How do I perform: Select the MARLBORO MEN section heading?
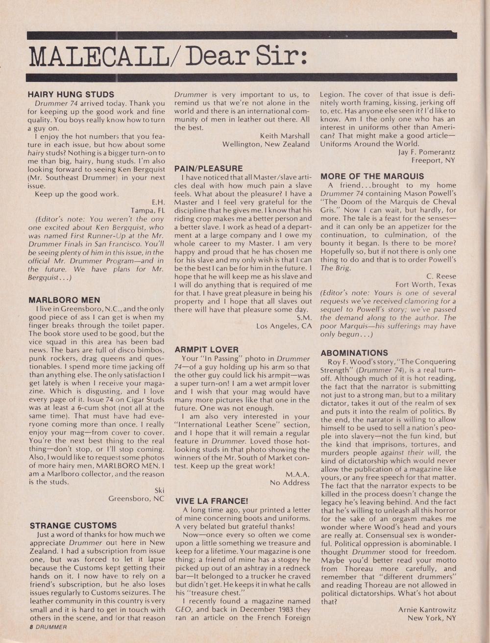coord(64,300)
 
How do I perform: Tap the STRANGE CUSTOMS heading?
coord(73,525)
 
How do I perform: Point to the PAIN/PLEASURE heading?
coord(209,168)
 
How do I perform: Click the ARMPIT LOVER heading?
coord(206,349)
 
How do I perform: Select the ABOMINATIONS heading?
coord(354,353)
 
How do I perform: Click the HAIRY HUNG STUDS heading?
coord(71,94)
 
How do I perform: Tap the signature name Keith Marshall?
coord(285,135)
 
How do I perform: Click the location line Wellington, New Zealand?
coord(266,144)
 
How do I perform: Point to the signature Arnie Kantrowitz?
coord(427,610)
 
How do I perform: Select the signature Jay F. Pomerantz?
coord(427,152)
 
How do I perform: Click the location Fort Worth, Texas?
coord(426,284)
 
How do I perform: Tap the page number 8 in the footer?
coord(30,627)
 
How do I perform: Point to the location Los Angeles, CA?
coord(283,326)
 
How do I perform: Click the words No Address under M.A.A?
coord(290,483)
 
